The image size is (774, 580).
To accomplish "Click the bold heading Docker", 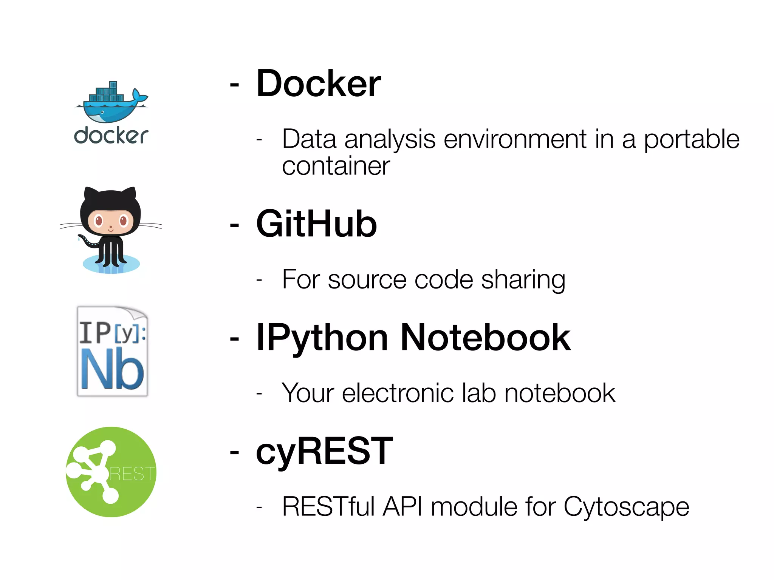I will (x=318, y=83).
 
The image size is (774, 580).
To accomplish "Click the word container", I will (x=336, y=166).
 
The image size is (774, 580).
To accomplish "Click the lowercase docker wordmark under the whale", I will (x=111, y=136).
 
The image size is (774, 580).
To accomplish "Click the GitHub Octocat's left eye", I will (x=99, y=220).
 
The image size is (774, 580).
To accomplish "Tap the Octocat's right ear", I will (x=129, y=194).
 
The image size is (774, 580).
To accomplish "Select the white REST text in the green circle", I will (x=132, y=474).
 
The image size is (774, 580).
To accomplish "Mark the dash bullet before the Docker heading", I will (x=234, y=85).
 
